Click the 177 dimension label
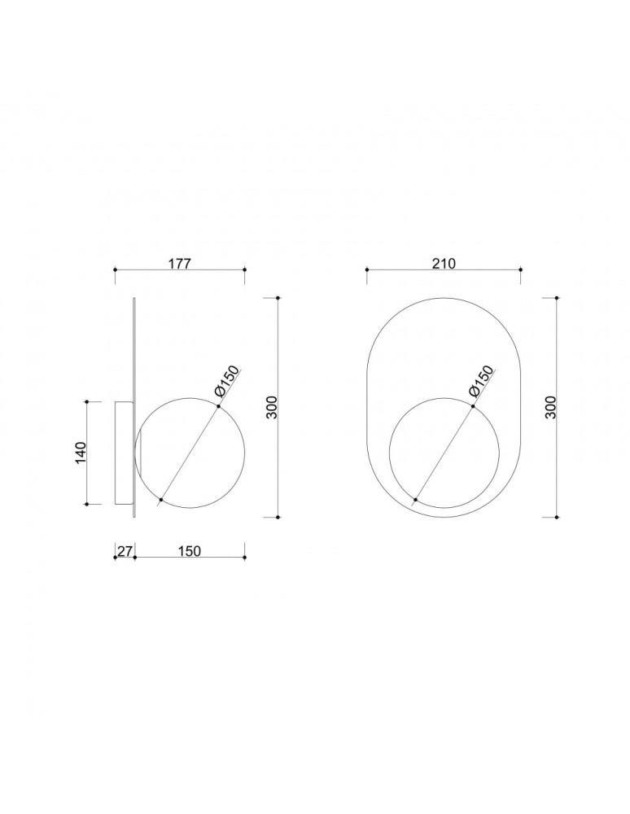coord(179,263)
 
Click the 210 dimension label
coord(444,263)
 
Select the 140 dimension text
coord(81,453)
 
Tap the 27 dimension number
coord(125,551)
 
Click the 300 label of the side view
coord(272,407)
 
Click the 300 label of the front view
coord(551,407)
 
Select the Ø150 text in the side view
coord(227,383)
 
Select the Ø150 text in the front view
coord(481,381)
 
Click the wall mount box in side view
coord(122,453)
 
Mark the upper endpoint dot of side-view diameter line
coord(217,405)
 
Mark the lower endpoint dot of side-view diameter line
coord(161,499)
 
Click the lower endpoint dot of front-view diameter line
coord(416,499)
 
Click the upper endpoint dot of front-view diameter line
coord(472,405)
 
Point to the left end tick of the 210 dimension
coord(367,269)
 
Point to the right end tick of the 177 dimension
coord(245,269)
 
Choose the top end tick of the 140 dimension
coord(87,400)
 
